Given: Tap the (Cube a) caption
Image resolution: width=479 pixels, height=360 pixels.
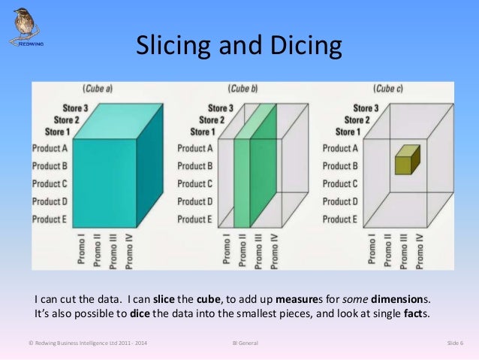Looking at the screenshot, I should tap(98, 89).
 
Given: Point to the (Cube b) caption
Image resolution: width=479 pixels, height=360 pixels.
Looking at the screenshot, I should tap(243, 89).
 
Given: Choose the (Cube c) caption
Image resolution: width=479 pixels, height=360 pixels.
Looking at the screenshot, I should tap(388, 89).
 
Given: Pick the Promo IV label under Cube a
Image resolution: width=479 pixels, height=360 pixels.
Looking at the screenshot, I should tap(128, 251).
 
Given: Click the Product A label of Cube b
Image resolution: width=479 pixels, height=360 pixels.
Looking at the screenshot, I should tap(195, 148).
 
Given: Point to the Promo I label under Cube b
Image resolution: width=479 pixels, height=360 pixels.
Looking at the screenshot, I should tap(226, 249).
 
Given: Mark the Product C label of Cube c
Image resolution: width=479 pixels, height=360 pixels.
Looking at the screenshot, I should tap(341, 184).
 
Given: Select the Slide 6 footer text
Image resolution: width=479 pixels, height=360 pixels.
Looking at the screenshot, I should tap(455, 343).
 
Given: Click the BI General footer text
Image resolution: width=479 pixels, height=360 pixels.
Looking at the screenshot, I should tap(246, 343).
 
